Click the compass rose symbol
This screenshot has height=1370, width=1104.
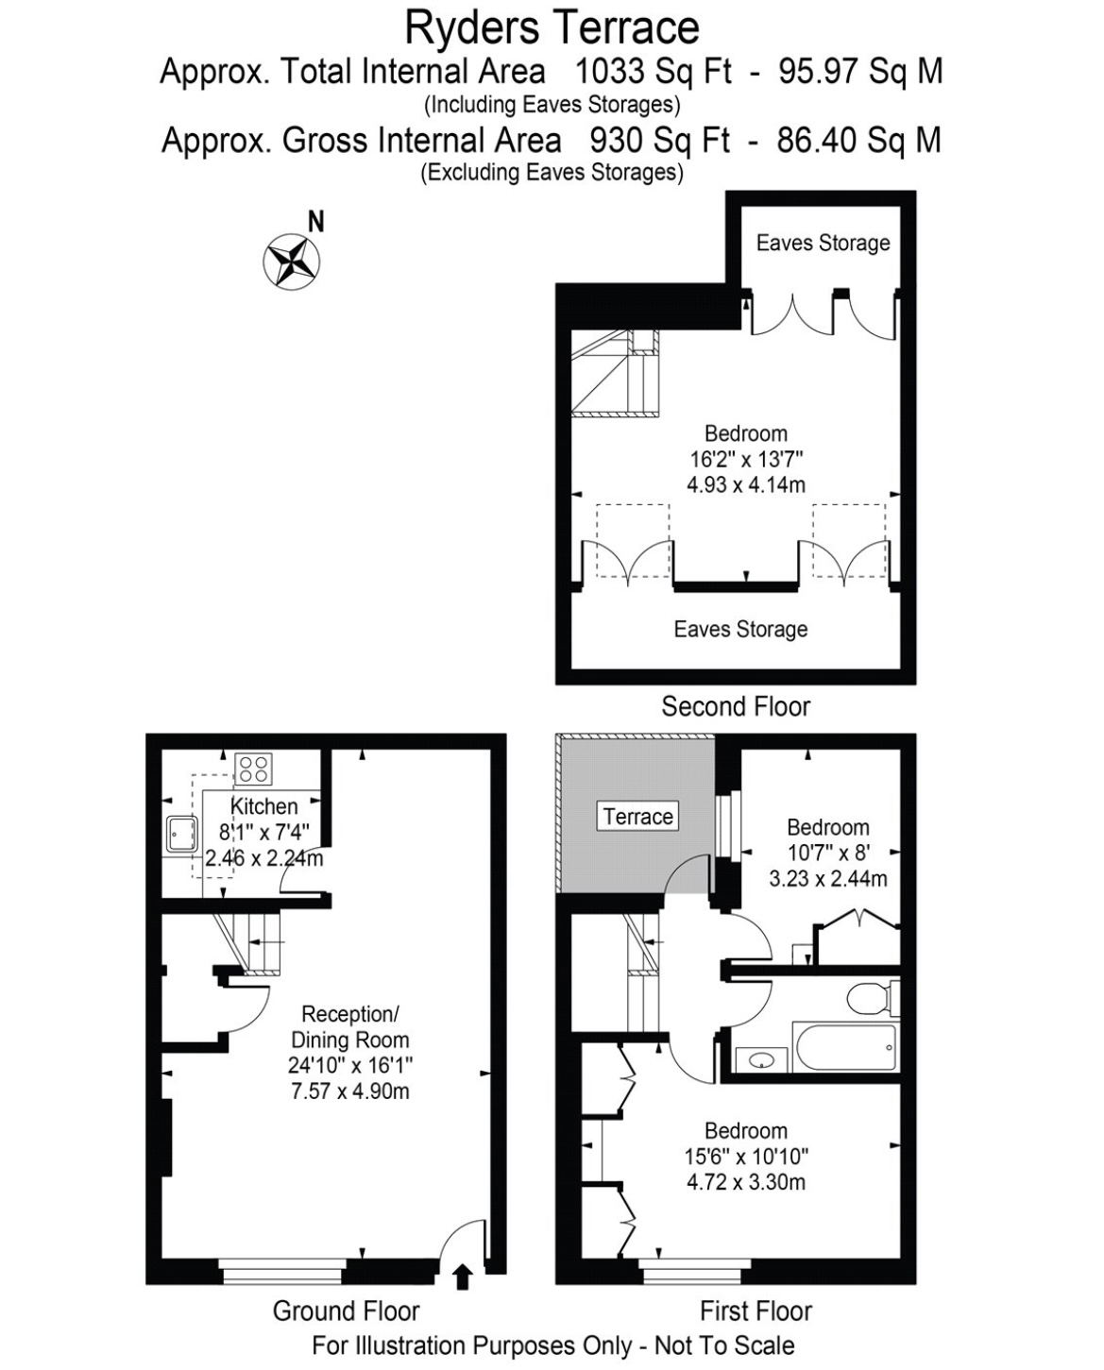(x=292, y=262)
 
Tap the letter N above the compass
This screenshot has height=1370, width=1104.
(x=315, y=222)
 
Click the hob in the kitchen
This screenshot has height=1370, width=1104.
(x=253, y=769)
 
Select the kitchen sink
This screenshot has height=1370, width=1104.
(x=182, y=834)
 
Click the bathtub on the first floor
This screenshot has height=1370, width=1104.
(x=845, y=1047)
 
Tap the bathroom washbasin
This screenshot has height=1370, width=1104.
(x=761, y=1060)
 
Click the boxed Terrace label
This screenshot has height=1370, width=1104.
(x=637, y=816)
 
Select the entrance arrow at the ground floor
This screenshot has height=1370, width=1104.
(x=463, y=1277)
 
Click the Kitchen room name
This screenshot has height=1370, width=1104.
(x=263, y=806)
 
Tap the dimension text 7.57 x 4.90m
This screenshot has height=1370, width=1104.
(x=349, y=1091)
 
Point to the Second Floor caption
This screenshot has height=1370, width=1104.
(x=736, y=706)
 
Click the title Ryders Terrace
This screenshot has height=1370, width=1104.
(x=552, y=28)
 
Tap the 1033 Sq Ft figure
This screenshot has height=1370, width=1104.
(x=654, y=71)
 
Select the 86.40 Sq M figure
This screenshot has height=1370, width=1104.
(x=858, y=140)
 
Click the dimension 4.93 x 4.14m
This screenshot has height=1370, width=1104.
(x=745, y=484)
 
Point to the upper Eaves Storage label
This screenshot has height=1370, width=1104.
(x=823, y=243)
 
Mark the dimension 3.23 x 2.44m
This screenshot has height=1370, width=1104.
(x=827, y=878)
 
